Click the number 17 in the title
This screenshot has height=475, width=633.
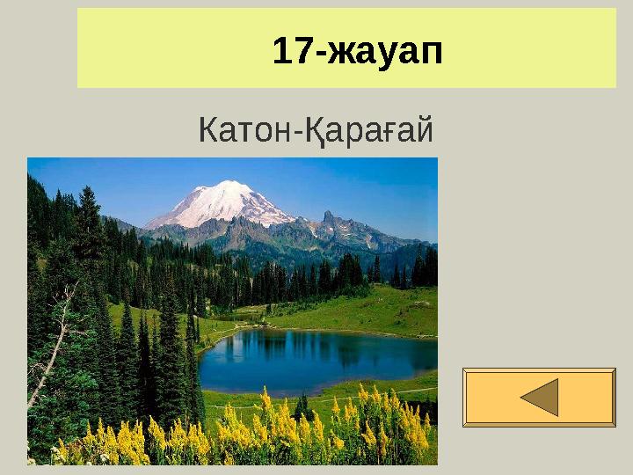[x=292, y=52]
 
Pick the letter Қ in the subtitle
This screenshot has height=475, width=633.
[x=316, y=131]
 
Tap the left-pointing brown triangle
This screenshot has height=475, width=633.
[x=539, y=397]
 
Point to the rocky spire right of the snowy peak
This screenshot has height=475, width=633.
[x=327, y=216]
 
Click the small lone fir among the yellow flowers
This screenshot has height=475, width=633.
[x=302, y=406]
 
